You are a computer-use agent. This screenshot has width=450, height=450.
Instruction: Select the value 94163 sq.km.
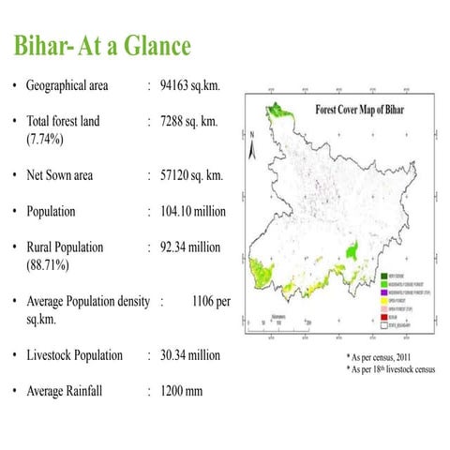189,86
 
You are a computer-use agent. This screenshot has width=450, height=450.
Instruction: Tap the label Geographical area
67,86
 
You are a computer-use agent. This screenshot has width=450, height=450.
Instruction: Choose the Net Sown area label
60,175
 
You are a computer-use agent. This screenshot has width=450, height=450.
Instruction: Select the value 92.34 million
190,247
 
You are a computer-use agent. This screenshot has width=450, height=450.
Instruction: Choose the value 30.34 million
190,355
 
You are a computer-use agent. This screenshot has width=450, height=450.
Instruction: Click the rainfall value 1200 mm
181,391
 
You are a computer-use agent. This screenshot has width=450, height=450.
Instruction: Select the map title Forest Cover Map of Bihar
360,109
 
